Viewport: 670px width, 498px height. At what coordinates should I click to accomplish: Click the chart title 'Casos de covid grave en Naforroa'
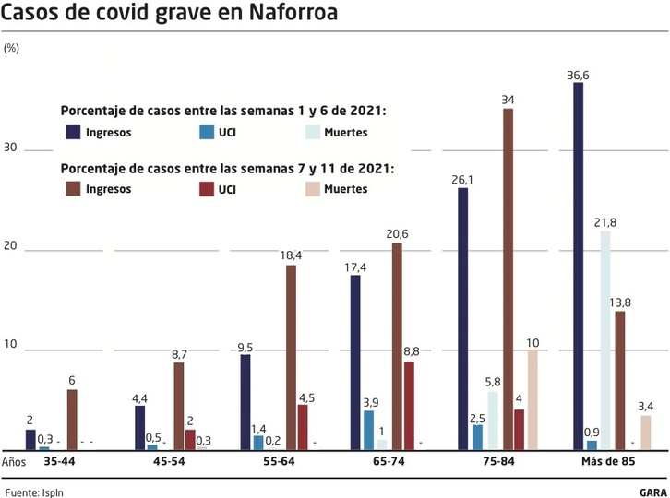pyautogui.click(x=169, y=14)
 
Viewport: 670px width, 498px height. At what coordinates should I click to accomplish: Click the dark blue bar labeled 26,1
pyautogui.click(x=463, y=318)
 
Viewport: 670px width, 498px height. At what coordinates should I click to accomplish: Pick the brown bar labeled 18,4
pyautogui.click(x=291, y=357)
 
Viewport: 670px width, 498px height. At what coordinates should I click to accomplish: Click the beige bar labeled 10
pyautogui.click(x=532, y=399)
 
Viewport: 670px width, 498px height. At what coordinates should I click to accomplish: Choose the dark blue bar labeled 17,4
pyautogui.click(x=354, y=362)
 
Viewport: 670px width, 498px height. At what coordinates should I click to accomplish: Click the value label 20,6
pyautogui.click(x=399, y=234)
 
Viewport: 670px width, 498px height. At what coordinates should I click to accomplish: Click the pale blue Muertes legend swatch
pyautogui.click(x=314, y=132)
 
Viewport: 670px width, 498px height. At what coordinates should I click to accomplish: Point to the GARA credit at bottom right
pyautogui.click(x=652, y=492)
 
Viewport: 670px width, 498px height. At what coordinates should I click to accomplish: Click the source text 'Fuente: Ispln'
pyautogui.click(x=34, y=492)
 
